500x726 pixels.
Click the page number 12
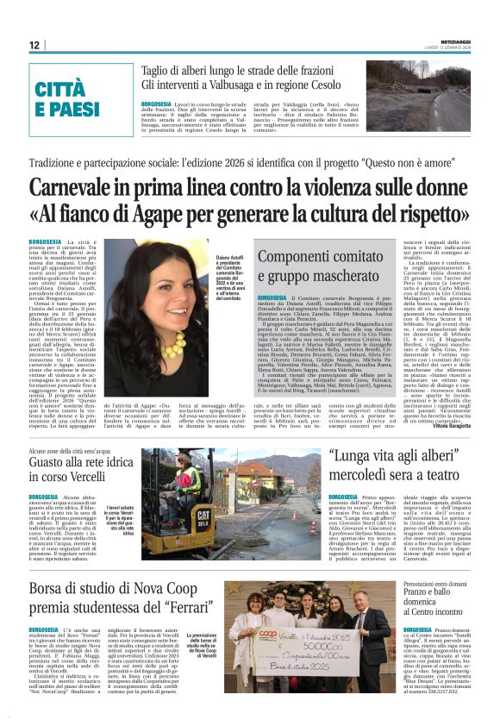click(34, 45)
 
